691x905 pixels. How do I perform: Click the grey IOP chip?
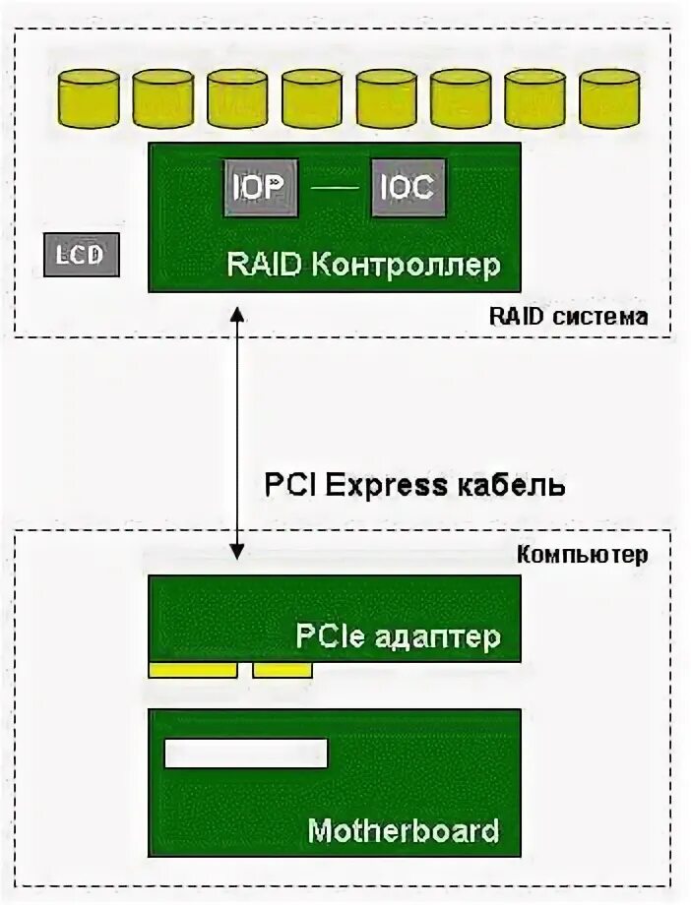(259, 187)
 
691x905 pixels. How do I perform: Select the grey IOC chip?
(408, 187)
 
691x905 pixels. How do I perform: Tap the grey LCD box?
(82, 255)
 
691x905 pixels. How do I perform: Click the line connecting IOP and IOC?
(334, 187)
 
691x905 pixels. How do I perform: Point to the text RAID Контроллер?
(364, 265)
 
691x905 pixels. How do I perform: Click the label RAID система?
(569, 318)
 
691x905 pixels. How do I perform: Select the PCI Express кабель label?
(414, 485)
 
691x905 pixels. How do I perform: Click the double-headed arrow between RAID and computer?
(236, 433)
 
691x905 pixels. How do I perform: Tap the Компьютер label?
(583, 555)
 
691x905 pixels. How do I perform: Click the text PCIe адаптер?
(399, 636)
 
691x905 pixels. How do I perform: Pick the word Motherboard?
(404, 830)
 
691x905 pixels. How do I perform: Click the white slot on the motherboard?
(245, 754)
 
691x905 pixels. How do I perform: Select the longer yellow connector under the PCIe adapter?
(193, 670)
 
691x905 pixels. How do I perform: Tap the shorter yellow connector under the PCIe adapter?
(283, 670)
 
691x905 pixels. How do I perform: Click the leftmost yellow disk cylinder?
(89, 98)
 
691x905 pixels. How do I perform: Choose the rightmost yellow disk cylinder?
(609, 98)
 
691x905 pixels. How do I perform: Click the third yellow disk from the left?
(237, 98)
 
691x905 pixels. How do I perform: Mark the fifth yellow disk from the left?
(386, 98)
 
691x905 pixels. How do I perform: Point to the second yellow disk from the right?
(534, 98)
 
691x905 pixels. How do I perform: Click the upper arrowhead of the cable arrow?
(236, 315)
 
